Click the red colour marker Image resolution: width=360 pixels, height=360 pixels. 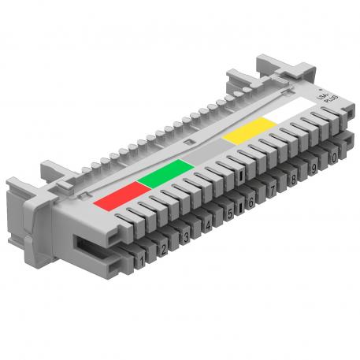click(116, 195)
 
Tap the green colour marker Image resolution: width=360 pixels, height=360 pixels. click(164, 171)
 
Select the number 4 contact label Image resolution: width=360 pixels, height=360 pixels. click(207, 225)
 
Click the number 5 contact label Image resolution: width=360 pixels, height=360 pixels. click(229, 213)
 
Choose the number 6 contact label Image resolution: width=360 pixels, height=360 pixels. click(251, 202)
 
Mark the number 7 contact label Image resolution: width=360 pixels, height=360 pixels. click(272, 191)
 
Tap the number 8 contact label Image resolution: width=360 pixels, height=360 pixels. click(293, 180)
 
